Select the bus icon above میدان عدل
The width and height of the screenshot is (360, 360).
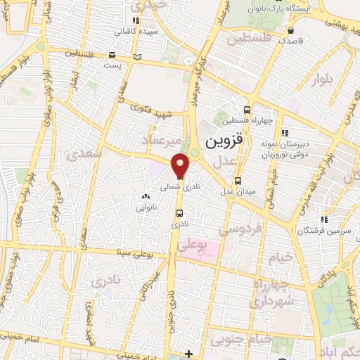coord(238,180)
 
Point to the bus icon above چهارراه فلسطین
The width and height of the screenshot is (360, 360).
coord(247,109)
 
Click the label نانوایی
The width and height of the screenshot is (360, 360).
coord(147,208)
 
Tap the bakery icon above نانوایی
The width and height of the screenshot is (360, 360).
coord(146,198)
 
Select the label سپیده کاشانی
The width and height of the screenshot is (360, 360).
coord(136,32)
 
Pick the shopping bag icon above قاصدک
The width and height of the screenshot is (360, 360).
coord(290,30)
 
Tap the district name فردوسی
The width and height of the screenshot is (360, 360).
coord(239,228)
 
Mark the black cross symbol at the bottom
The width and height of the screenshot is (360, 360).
coord(188,353)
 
